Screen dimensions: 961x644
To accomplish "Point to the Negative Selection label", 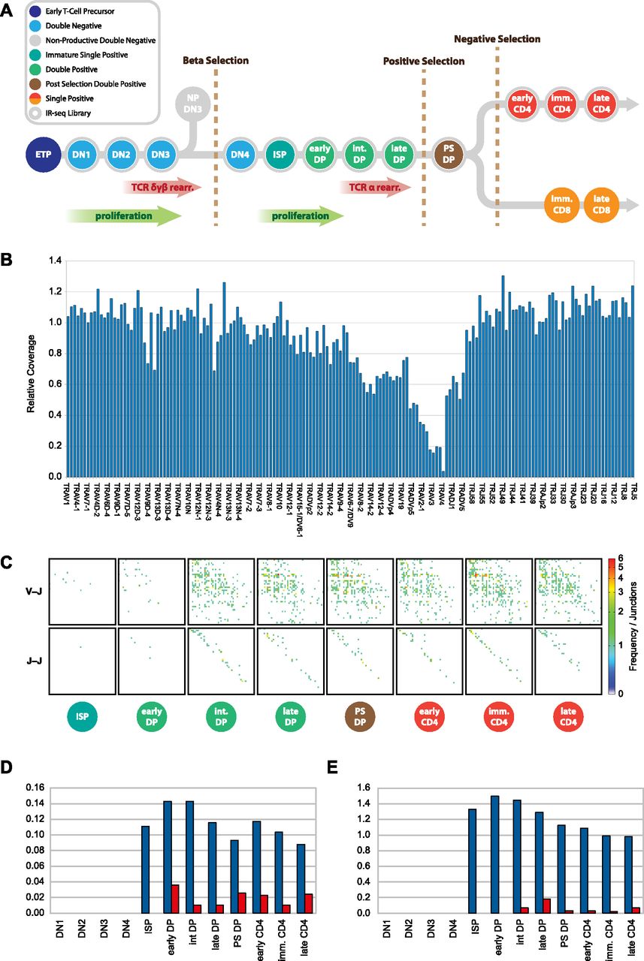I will tap(497, 39).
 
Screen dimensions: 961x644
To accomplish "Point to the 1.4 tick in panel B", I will tap(54, 261).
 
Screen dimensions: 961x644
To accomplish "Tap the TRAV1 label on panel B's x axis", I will tap(68, 496).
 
